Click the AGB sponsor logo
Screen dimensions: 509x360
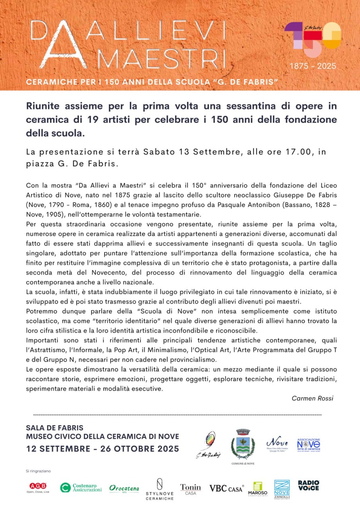(x=38, y=488)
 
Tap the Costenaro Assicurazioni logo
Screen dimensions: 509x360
(x=81, y=488)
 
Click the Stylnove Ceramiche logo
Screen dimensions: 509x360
(x=159, y=490)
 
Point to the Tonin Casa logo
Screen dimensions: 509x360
(x=191, y=489)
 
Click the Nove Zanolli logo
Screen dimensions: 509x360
(x=282, y=489)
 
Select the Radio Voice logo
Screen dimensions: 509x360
(x=309, y=486)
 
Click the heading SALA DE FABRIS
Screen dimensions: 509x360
(x=54, y=428)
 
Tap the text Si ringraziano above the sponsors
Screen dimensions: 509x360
(x=38, y=471)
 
